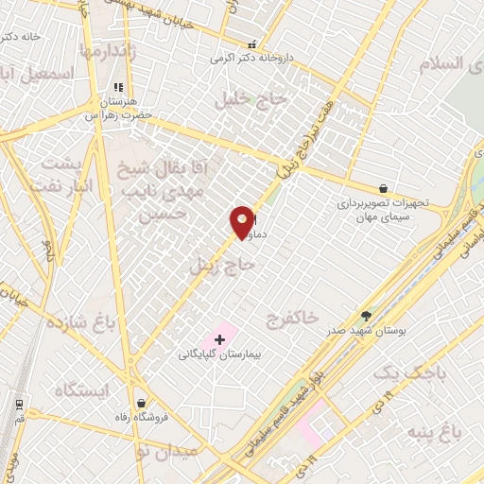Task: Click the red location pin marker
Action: coord(242,220)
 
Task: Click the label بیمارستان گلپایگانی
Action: coord(217,354)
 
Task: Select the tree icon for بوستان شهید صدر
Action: coord(366,316)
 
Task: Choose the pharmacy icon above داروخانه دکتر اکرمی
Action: coord(251,44)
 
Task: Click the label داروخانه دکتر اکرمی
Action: coord(252,58)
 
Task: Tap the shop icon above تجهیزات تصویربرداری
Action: coord(382,189)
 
